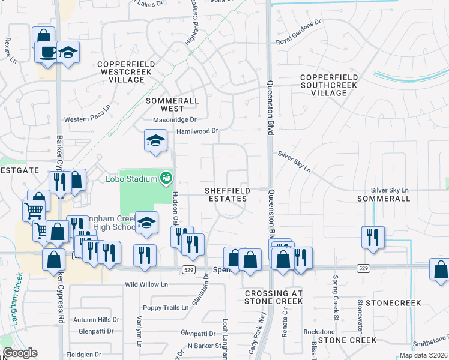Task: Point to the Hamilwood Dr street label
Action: pos(196,131)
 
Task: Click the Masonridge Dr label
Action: pos(175,120)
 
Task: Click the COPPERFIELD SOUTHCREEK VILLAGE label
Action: pos(329,85)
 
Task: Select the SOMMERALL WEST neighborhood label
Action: pos(164,104)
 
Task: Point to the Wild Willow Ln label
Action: pos(145,284)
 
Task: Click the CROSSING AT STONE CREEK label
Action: pos(274,296)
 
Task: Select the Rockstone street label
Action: pos(319,332)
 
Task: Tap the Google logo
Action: pos(20,353)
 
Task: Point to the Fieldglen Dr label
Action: pos(83,355)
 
